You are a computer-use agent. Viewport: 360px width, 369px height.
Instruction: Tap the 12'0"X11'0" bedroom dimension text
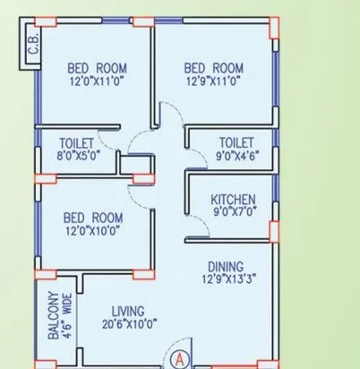pos(97,81)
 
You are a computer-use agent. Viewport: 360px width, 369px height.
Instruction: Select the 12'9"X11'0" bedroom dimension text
pos(214,81)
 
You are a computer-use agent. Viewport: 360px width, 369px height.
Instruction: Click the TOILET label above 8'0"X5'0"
pos(76,142)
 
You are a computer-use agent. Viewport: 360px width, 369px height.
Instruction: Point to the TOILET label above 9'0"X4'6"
pos(236,142)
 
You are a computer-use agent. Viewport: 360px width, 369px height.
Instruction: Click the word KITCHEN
pos(233,199)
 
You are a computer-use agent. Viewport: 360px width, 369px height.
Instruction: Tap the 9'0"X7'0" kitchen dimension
pos(233,212)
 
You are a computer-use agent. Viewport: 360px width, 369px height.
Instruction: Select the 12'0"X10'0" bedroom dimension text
pos(93,230)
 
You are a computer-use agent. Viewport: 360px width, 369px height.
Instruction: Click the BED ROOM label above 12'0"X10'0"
pos(93,217)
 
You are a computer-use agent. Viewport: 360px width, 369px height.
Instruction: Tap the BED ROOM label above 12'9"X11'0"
pos(214,67)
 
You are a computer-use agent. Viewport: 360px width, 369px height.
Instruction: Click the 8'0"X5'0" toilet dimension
pos(76,156)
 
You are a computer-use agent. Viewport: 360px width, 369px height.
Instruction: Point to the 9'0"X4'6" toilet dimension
pos(236,156)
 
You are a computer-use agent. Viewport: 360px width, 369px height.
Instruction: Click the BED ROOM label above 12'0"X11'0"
pos(97,67)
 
